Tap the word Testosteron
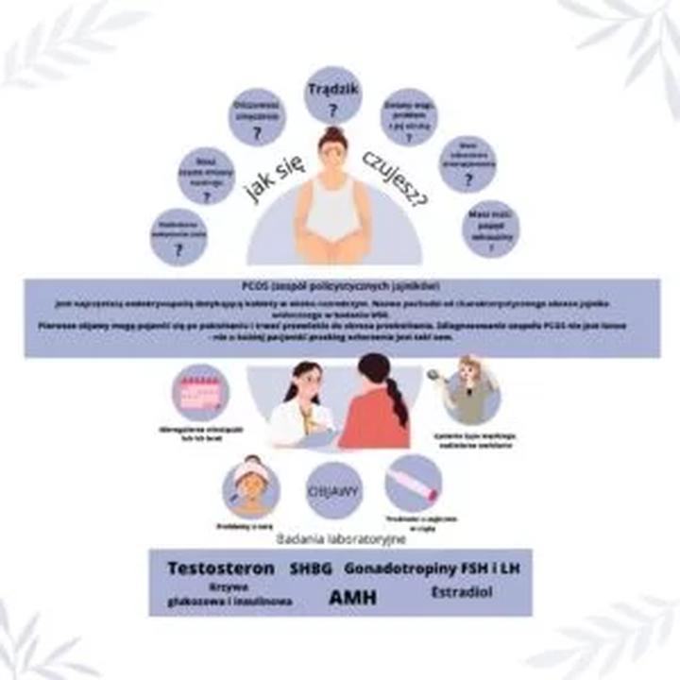[x=220, y=569]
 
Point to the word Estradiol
[x=461, y=592]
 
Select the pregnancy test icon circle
[x=414, y=483]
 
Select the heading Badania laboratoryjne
[x=341, y=538]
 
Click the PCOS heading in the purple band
[x=340, y=285]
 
